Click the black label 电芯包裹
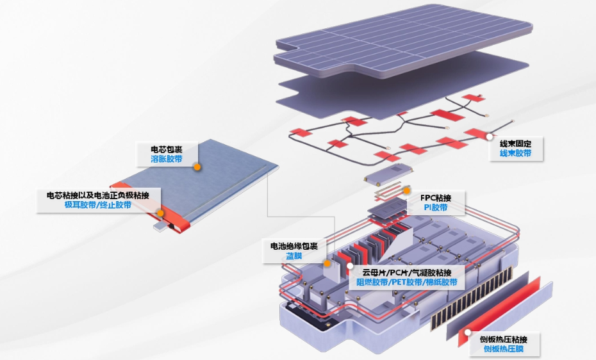[x=166, y=149]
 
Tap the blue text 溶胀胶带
[x=166, y=159]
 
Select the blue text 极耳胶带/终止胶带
[x=97, y=205]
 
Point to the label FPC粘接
[x=436, y=197]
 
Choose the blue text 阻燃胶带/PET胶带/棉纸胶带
[x=406, y=282]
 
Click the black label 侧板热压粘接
[x=506, y=339]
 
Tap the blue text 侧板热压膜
[x=506, y=349]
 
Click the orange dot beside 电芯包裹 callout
[x=198, y=167]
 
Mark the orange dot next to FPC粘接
[x=406, y=190]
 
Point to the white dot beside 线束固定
[x=489, y=136]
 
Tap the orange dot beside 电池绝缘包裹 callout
[x=327, y=263]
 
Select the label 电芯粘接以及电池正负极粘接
[x=97, y=195]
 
